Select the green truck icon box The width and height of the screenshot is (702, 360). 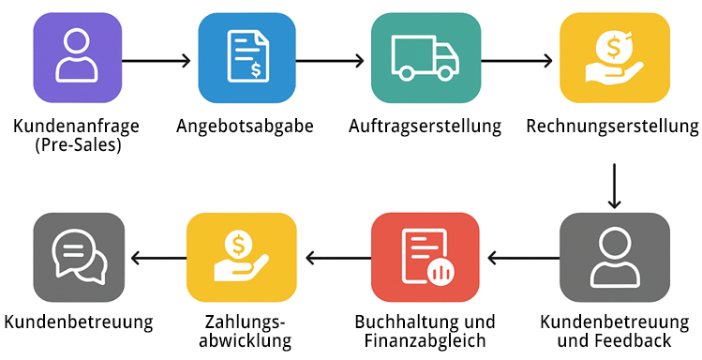pos(426,58)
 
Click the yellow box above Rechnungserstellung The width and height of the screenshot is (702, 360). pos(614,58)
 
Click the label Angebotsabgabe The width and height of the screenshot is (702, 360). pos(245,127)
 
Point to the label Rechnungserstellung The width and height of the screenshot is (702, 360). pos(613,127)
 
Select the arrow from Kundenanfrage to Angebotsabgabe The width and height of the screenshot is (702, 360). pos(156,61)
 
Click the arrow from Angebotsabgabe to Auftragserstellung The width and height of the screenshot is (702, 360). pos(330,61)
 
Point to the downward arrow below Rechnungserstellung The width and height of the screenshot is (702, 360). pos(614,186)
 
